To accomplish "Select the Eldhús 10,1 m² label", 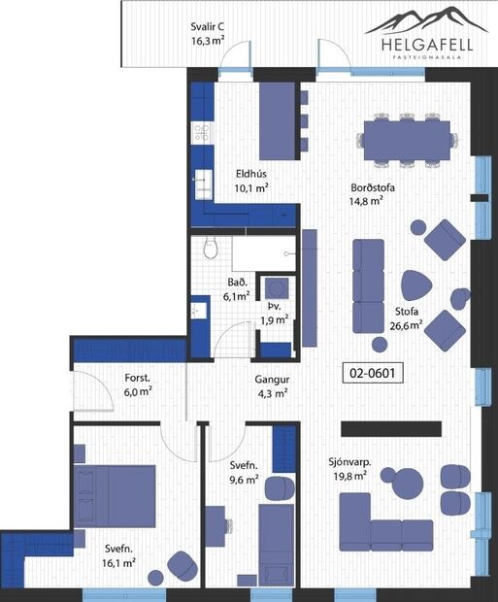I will click(x=250, y=182).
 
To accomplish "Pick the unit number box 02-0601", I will click(x=374, y=371).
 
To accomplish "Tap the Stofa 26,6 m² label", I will click(x=407, y=318).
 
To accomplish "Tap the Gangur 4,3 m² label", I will click(x=273, y=386).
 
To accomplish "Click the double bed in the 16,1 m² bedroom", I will click(x=116, y=495).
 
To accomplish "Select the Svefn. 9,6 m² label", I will click(x=244, y=472).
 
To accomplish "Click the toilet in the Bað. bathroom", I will click(x=211, y=251).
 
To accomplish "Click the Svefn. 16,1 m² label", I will click(x=117, y=554).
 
